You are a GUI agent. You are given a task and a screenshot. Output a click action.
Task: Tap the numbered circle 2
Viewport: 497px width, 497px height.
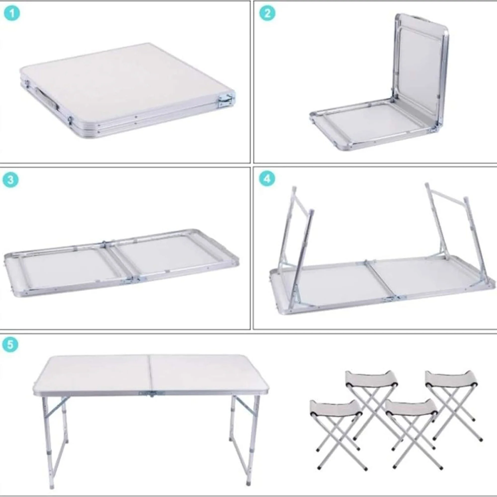pyautogui.click(x=267, y=13)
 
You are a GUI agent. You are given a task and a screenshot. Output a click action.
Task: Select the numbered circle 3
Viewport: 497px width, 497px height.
pyautogui.click(x=10, y=180)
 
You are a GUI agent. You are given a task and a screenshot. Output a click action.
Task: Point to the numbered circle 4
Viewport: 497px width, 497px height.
pyautogui.click(x=267, y=178)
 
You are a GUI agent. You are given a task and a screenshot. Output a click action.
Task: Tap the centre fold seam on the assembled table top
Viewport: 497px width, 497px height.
pyautogui.click(x=149, y=373)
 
